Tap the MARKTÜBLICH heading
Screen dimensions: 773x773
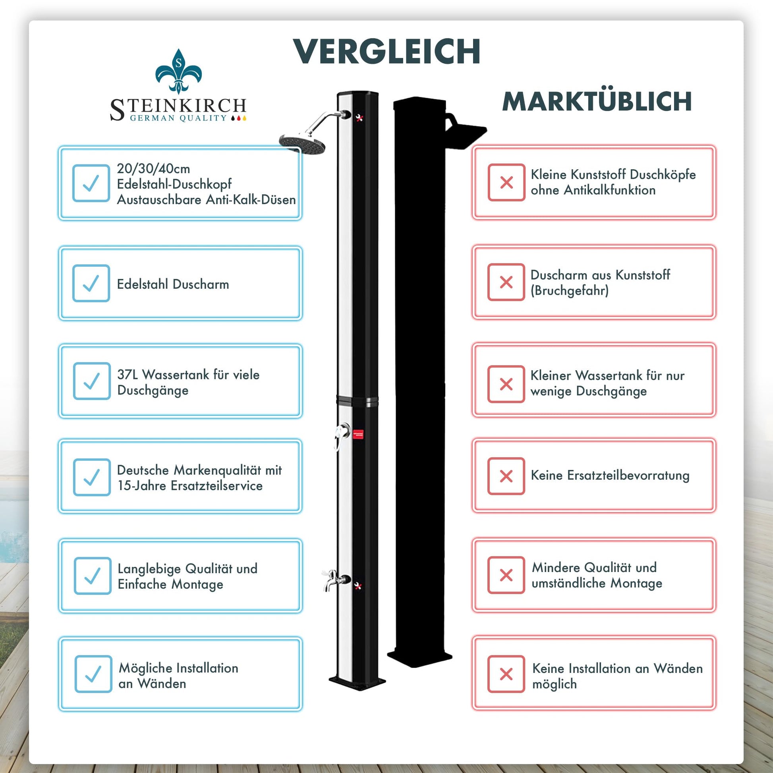point(597,102)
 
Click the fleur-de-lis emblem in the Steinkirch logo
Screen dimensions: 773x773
point(178,71)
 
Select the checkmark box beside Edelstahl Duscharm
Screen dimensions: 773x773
point(91,283)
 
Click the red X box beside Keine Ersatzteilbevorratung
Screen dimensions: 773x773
point(506,476)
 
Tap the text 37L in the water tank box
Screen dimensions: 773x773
point(127,375)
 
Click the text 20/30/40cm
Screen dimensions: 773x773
point(153,168)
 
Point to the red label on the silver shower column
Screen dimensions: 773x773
point(358,434)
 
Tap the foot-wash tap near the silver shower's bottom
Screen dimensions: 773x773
point(332,580)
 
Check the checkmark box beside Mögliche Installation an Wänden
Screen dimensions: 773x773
point(93,674)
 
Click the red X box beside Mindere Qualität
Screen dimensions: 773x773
point(506,575)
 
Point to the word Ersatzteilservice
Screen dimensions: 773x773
point(216,486)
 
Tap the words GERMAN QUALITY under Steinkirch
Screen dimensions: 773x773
point(178,118)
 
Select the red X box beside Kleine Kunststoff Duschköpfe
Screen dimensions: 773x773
point(506,182)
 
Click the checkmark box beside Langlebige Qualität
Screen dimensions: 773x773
point(93,575)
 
